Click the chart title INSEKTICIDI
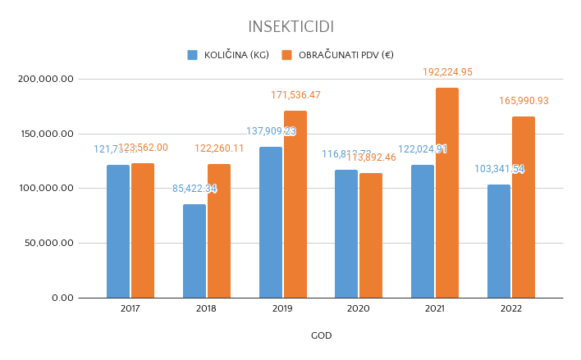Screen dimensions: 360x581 click(290, 28)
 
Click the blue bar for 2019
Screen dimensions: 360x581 click(271, 222)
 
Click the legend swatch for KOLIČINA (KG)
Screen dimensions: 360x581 click(193, 55)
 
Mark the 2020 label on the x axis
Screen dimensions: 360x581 click(359, 308)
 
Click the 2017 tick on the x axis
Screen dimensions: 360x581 click(130, 308)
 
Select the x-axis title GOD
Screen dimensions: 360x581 click(321, 335)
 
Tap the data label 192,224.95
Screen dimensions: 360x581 click(447, 72)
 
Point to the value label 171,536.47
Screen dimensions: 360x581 click(295, 95)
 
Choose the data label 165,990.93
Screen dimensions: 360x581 click(524, 101)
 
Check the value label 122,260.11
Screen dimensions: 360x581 click(219, 148)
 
